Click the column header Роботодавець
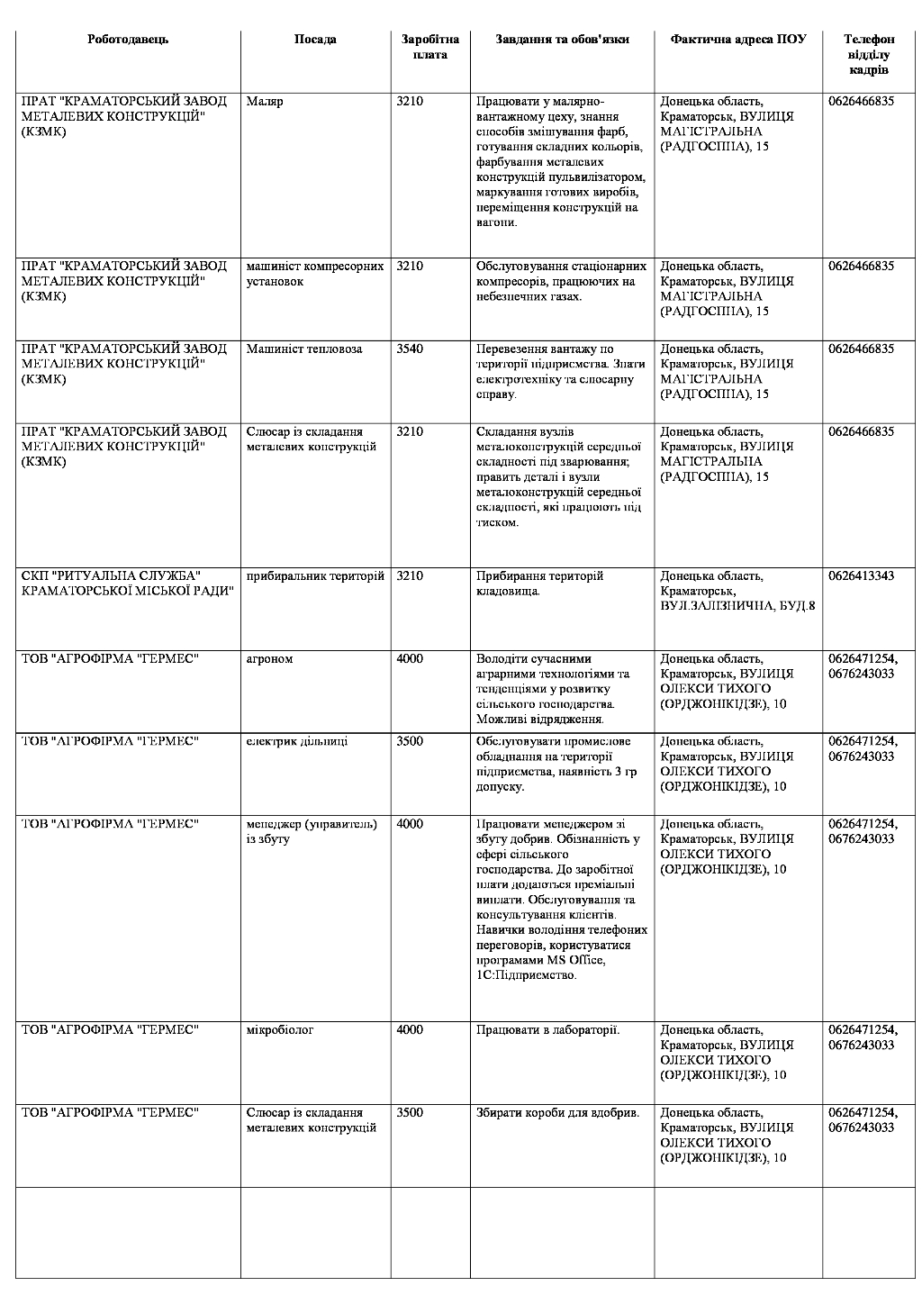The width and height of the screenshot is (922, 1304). point(128,40)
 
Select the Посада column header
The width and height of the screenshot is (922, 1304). point(315,40)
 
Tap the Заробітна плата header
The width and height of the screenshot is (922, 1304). point(430,47)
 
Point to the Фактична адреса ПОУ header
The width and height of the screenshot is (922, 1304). point(738,40)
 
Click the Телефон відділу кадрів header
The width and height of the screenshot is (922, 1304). point(869,54)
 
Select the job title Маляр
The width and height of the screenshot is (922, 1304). point(265,102)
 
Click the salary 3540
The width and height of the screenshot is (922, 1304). point(410,349)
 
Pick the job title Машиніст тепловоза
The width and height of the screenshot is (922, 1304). point(304,349)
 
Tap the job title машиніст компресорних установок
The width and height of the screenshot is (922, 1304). point(315,274)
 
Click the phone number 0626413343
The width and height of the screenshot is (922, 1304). point(862,576)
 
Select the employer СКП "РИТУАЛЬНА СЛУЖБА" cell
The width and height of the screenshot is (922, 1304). point(127,584)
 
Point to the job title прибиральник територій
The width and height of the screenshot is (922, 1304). point(315,576)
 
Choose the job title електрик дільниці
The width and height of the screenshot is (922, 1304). point(297,741)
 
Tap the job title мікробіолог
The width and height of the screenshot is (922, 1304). point(280,1030)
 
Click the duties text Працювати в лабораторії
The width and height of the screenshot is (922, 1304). point(548,1030)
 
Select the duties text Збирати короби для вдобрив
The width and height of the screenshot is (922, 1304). point(557,1113)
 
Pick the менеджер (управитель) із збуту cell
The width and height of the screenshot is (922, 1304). point(312,831)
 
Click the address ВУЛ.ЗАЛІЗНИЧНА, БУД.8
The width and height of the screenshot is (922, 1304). point(738,606)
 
